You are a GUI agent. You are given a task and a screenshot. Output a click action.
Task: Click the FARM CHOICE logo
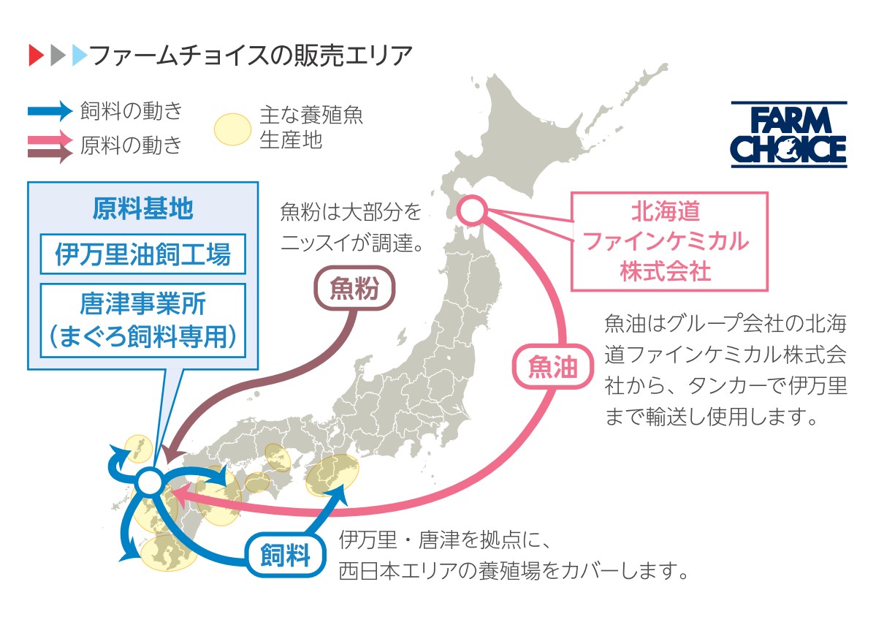(789, 134)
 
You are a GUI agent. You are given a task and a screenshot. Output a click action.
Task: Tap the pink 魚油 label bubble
(552, 367)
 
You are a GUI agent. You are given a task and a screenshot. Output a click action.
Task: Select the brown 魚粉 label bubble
(354, 288)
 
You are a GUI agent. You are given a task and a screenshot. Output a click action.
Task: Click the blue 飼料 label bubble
(286, 556)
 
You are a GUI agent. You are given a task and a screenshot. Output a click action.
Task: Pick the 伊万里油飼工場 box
(143, 254)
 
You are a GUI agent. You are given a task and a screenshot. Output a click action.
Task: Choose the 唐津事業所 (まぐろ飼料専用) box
(143, 320)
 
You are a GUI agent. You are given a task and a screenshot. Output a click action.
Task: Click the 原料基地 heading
(143, 208)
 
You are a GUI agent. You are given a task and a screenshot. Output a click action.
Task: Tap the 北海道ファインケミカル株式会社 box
(669, 241)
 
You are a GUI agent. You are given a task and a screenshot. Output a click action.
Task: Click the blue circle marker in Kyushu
(150, 482)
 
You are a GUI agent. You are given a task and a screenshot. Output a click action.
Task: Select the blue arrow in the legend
(50, 111)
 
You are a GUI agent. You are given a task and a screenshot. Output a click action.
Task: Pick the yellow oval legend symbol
(232, 129)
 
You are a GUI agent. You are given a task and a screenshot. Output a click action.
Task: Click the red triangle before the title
(37, 56)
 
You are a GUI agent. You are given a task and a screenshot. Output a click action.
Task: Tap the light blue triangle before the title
(80, 56)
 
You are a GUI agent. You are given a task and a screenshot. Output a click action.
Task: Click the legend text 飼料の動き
(132, 110)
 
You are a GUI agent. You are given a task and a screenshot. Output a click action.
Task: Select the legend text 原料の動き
(132, 145)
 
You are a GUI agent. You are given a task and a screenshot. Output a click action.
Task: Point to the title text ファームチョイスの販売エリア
(251, 56)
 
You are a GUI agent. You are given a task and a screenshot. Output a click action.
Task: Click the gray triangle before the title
(58, 56)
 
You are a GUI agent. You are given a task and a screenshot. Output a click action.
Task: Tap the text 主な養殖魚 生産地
(311, 127)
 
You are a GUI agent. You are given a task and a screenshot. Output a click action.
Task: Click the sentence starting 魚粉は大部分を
(352, 227)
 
